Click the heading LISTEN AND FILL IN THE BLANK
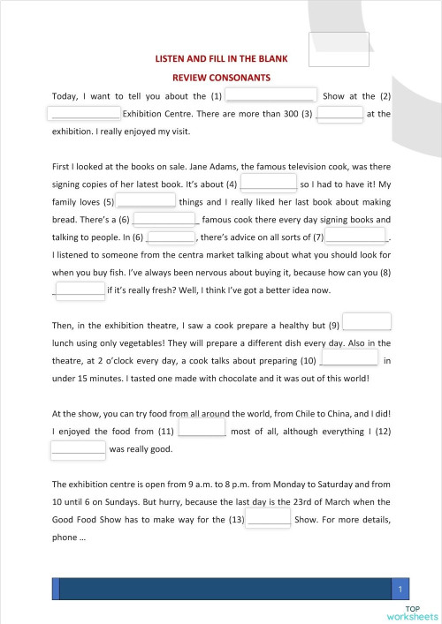click(x=221, y=59)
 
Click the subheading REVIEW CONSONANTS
click(x=221, y=78)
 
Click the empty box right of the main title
click(x=339, y=49)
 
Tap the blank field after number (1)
click(x=271, y=94)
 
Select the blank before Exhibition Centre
click(x=84, y=113)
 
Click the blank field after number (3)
click(x=339, y=113)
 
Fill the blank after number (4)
click(x=268, y=183)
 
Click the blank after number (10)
click(x=349, y=357)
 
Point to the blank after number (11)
click(x=202, y=428)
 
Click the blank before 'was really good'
click(x=78, y=447)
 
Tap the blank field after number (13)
click(x=268, y=517)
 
